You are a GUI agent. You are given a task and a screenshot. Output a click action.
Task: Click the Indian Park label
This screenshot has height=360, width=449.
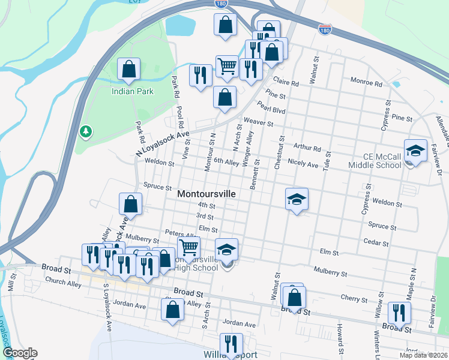(x=133, y=91)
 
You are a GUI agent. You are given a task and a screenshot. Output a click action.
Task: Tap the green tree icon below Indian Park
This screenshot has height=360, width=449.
(x=86, y=130)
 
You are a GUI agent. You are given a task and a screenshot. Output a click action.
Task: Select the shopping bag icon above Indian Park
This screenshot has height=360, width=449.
(x=128, y=70)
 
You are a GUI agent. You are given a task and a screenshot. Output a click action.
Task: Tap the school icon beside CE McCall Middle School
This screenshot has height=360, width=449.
(x=415, y=152)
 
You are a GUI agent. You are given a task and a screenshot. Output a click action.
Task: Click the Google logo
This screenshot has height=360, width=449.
(x=19, y=353)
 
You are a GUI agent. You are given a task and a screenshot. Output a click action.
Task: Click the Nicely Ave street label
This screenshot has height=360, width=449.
(x=303, y=163)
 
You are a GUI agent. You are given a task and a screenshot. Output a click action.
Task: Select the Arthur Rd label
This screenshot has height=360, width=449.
(x=307, y=148)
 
